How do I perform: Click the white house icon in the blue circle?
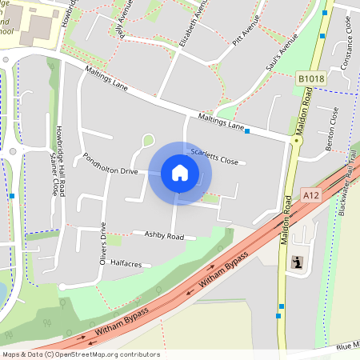tap(180, 172)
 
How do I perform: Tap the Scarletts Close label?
tap(214, 155)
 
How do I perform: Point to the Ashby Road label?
tap(163, 236)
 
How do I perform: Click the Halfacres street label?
tap(126, 262)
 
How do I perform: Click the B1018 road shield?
tap(310, 78)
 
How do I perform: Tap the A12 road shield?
tap(311, 194)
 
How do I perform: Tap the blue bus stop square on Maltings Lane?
tap(248, 130)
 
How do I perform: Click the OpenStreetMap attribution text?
tap(81, 354)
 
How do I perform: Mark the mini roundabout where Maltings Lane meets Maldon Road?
tap(297, 140)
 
